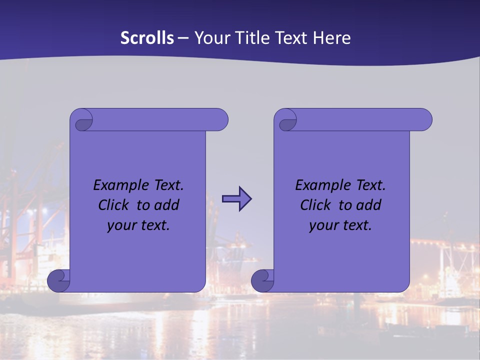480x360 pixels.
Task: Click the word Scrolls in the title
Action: pyautogui.click(x=147, y=38)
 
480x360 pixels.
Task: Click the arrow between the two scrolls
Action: pyautogui.click(x=236, y=199)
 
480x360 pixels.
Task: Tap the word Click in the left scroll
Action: pyautogui.click(x=114, y=205)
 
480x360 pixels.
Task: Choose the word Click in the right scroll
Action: pyautogui.click(x=316, y=205)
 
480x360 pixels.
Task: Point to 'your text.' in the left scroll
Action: pyautogui.click(x=138, y=225)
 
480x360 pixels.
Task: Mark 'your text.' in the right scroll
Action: pyautogui.click(x=340, y=225)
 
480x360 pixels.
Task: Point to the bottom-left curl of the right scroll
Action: pyautogui.click(x=262, y=280)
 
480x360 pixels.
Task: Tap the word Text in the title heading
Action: pyautogui.click(x=291, y=38)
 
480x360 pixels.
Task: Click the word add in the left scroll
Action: pyautogui.click(x=167, y=205)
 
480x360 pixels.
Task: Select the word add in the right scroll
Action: pyautogui.click(x=369, y=205)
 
